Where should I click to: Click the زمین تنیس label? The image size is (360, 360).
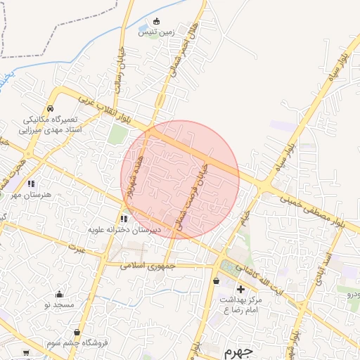(156, 32)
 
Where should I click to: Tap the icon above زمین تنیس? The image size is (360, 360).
(156, 20)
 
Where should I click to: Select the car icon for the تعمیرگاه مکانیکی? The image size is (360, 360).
(51, 109)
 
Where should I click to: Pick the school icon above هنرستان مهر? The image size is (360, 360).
(30, 184)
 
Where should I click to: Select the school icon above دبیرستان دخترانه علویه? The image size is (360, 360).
(124, 219)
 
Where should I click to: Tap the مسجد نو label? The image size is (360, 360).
(58, 304)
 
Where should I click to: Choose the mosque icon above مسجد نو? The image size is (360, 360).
(58, 294)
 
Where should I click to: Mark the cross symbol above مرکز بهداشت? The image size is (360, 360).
(240, 289)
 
